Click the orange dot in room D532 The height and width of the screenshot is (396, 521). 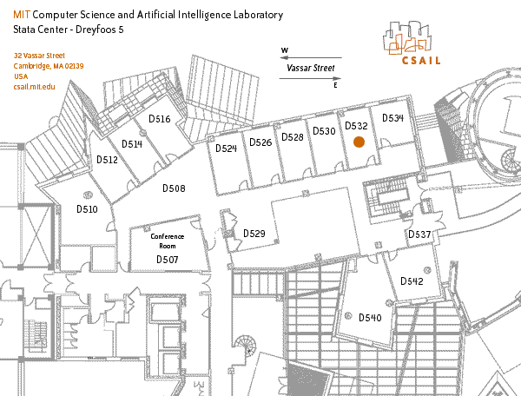(x=358, y=143)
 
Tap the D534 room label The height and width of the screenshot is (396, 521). (x=393, y=118)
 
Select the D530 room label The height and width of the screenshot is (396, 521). (x=324, y=131)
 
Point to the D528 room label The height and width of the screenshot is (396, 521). (x=293, y=137)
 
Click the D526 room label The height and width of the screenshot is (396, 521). (x=260, y=142)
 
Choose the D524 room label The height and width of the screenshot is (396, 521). (x=226, y=149)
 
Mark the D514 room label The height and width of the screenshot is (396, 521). (x=131, y=144)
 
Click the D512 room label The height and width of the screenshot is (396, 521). (x=107, y=160)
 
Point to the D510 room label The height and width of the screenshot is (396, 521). (x=87, y=209)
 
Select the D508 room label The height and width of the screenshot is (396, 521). (x=174, y=188)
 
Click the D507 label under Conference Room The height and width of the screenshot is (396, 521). (x=167, y=260)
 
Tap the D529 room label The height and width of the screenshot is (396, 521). (x=254, y=234)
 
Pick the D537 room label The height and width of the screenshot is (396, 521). (x=419, y=235)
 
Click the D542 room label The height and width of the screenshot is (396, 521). (x=412, y=281)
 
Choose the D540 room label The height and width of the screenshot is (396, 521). (x=370, y=318)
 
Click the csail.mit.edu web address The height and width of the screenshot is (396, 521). (x=35, y=87)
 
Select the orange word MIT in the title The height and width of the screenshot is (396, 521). (x=22, y=16)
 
